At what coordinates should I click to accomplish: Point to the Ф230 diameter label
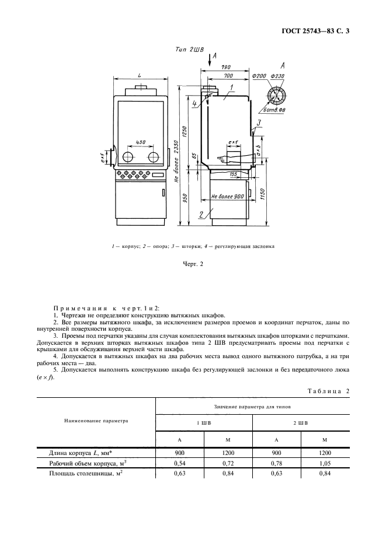tap(277, 77)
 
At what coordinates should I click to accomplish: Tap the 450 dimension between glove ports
tap(141, 142)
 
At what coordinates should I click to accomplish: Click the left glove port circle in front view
tap(127, 157)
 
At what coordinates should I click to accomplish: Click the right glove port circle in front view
tap(154, 157)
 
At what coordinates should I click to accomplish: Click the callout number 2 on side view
tap(200, 215)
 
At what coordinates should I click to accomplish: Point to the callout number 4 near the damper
tap(194, 103)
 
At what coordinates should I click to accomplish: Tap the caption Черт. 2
tap(193, 264)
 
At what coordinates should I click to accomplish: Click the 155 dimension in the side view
tap(234, 174)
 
